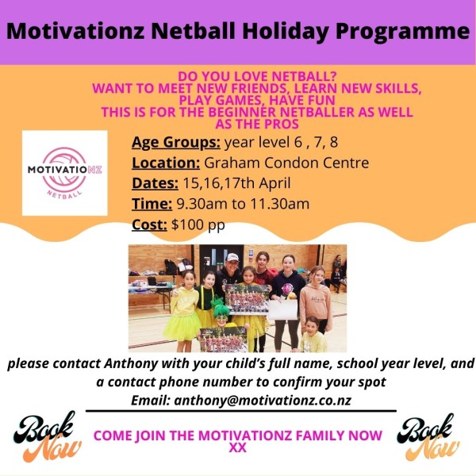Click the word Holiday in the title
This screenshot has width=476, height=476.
tap(286, 31)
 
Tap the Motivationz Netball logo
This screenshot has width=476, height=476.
tap(65, 173)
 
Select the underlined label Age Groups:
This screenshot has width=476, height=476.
tap(176, 142)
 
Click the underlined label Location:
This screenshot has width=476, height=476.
tap(166, 163)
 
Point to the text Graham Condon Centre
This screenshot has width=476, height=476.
tap(286, 163)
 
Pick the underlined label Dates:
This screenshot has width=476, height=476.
tap(155, 183)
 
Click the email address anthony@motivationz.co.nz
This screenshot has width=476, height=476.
tap(263, 401)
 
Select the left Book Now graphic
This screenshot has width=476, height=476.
tap(47, 436)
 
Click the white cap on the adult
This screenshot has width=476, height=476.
tap(232, 257)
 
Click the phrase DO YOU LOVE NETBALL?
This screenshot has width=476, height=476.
tap(257, 76)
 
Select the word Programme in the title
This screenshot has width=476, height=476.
tap(402, 32)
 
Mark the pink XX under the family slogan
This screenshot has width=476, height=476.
tap(238, 448)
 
